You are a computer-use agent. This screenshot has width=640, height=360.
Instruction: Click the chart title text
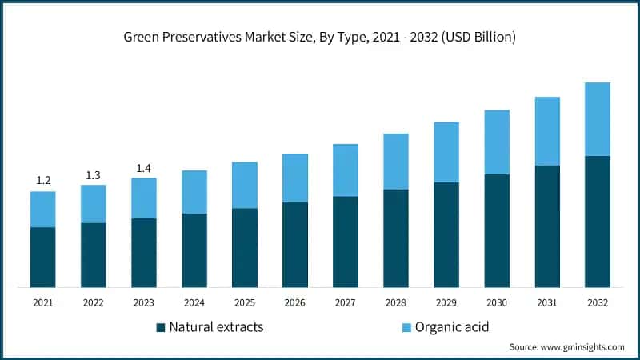(320, 37)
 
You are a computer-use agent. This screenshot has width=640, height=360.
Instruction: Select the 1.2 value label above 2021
(43, 181)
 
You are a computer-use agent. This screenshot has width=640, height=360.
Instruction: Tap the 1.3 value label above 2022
(94, 174)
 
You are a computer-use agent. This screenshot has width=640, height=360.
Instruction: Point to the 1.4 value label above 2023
(144, 167)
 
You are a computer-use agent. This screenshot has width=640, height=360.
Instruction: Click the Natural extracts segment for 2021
(43, 257)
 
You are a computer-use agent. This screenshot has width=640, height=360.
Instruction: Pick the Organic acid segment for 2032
(598, 119)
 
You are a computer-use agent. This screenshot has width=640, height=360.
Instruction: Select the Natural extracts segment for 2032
(598, 222)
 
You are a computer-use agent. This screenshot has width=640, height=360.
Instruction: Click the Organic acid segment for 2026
(295, 178)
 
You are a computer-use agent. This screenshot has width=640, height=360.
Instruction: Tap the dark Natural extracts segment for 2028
(396, 238)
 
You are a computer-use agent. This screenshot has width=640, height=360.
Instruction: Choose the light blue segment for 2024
(194, 192)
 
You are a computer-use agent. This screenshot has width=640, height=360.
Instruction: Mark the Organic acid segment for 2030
(497, 142)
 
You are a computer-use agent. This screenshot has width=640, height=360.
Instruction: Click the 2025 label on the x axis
(245, 303)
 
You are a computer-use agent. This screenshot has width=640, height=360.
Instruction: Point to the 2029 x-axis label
(446, 303)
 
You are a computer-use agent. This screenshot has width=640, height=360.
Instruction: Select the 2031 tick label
(547, 303)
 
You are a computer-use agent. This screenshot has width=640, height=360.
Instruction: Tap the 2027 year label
(346, 303)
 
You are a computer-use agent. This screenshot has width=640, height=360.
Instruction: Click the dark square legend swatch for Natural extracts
(160, 327)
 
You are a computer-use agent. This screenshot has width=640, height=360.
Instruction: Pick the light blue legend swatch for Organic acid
(407, 327)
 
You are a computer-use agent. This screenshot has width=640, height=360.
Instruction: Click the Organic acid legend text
(453, 327)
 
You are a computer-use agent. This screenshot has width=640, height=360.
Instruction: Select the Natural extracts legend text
(216, 327)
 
